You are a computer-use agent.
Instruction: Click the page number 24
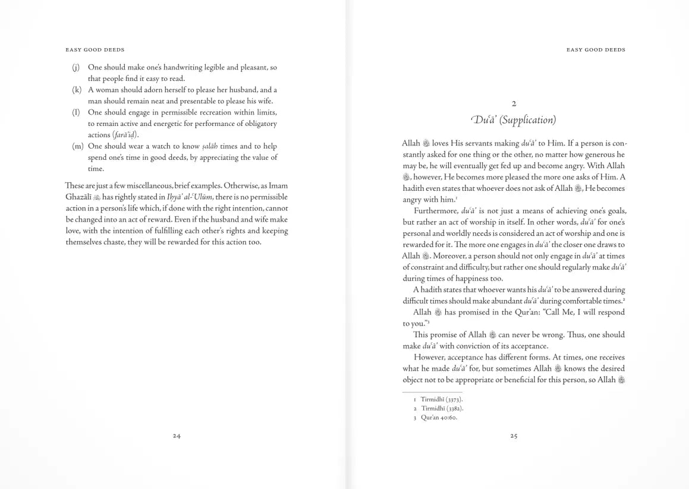177,436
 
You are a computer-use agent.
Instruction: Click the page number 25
514,436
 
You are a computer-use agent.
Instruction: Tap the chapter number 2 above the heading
514,103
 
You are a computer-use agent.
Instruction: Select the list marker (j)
75,68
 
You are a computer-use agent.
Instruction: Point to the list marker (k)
76,90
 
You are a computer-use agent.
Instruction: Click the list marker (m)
77,146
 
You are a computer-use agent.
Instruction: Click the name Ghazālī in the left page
78,197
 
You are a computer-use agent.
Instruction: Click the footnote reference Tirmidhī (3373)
442,399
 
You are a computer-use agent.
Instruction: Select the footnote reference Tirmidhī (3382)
442,408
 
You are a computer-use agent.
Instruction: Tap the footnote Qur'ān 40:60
439,418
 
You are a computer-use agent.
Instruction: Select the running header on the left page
95,50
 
